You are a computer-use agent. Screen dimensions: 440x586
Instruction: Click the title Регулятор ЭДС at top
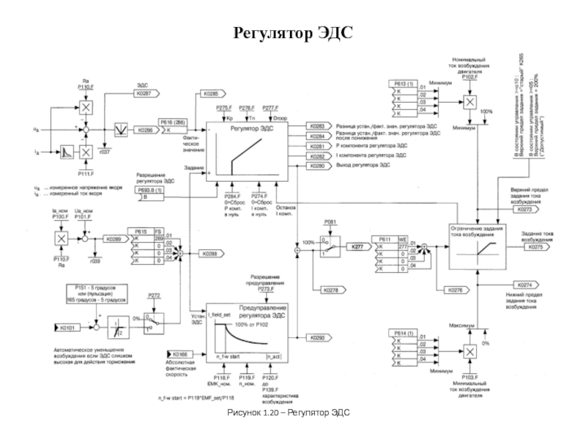pyautogui.click(x=293, y=33)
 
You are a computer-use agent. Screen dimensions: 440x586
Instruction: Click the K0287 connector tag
pyautogui.click(x=144, y=94)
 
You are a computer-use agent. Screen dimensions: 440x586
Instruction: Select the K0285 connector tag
pyautogui.click(x=211, y=94)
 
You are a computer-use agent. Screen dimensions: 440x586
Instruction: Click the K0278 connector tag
pyautogui.click(x=325, y=290)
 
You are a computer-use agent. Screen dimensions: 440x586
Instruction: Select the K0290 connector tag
pyautogui.click(x=316, y=337)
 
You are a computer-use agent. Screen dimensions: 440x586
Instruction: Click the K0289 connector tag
pyautogui.click(x=113, y=239)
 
